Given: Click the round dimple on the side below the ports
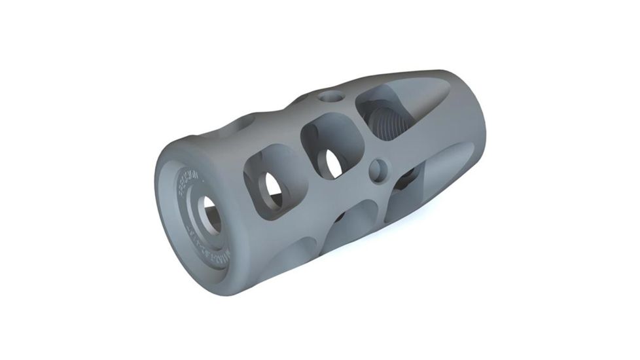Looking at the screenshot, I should (378, 171).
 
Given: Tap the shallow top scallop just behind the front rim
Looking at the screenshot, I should (245, 124).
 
